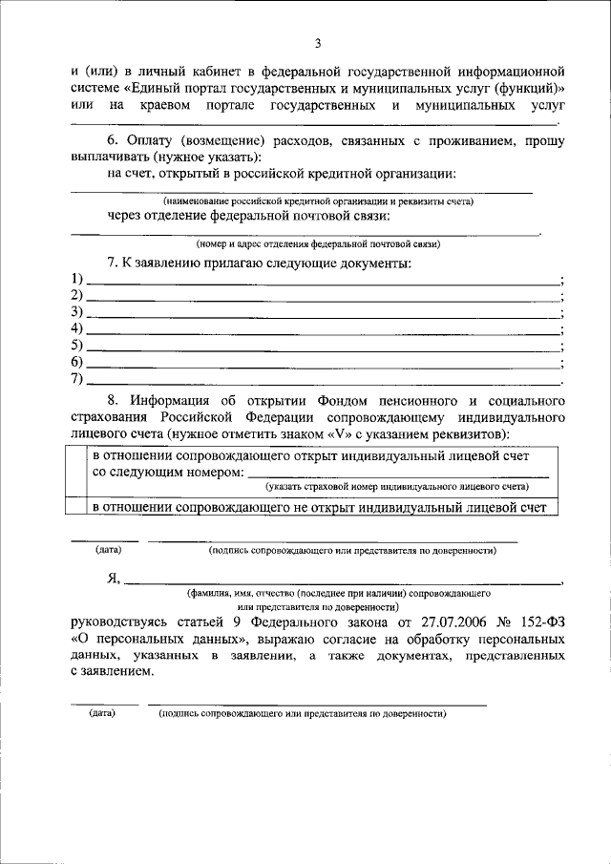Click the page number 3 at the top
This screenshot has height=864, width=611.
click(319, 43)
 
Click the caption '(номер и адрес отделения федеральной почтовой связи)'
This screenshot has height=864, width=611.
click(318, 244)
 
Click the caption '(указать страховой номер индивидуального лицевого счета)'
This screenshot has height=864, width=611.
click(397, 487)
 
